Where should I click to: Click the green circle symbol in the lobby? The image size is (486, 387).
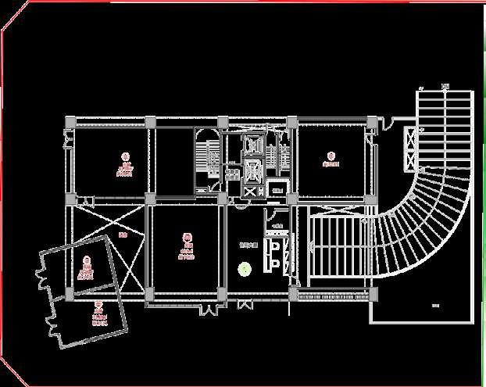click(245, 269)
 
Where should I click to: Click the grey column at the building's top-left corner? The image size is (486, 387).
click(70, 123)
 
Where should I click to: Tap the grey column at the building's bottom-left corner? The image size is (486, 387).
click(70, 294)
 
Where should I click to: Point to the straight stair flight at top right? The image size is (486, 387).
click(444, 125)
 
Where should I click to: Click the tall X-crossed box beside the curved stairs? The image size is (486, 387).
click(407, 148)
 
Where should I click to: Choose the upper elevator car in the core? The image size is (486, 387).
click(251, 145)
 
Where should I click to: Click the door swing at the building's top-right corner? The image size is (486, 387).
click(384, 124)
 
